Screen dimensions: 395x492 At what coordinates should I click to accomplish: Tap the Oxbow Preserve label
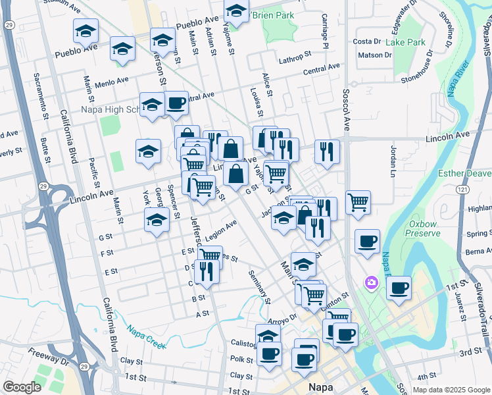click(422, 228)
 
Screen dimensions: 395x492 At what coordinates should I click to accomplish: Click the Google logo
click(22, 387)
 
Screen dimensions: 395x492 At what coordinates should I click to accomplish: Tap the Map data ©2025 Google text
click(451, 390)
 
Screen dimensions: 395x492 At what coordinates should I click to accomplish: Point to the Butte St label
click(44, 149)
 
